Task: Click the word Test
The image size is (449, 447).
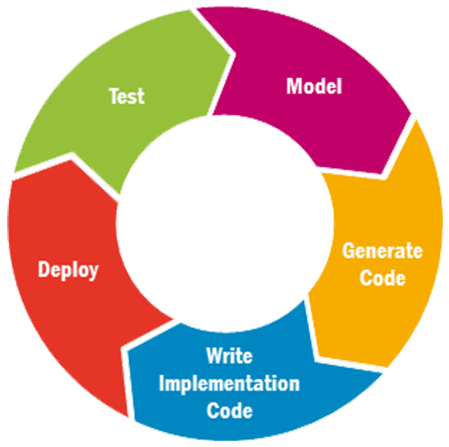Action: coord(127,96)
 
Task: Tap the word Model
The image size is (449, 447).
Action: coord(314,87)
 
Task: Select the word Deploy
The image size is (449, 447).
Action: coord(68,270)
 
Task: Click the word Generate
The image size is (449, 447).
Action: coord(382,251)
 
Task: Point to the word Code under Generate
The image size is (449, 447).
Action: coord(383,278)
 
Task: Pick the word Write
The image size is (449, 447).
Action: coord(229,356)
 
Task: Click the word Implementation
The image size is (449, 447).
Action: coord(229,384)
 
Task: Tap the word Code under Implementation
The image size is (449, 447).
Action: coord(229,411)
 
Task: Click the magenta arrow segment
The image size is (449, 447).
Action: coord(337,120)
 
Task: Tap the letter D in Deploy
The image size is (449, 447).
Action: coord(44,270)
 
